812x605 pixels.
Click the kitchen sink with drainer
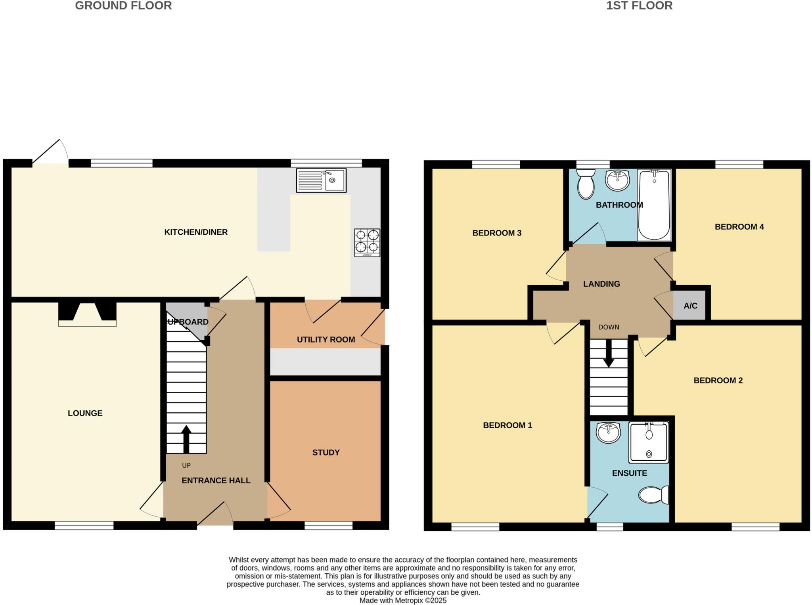click(x=321, y=180)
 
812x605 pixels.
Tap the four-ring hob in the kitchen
click(x=367, y=242)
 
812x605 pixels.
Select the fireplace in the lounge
click(x=87, y=314)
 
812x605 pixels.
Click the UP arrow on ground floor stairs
click(x=186, y=438)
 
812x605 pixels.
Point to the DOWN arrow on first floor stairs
click(x=609, y=353)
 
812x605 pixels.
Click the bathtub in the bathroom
click(x=654, y=205)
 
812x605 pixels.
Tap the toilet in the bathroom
click(x=586, y=184)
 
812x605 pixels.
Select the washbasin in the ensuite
click(x=608, y=433)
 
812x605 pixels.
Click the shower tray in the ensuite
click(x=649, y=442)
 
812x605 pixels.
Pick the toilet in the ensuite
click(x=653, y=495)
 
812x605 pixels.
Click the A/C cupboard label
click(x=690, y=306)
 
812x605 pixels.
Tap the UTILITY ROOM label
click(x=326, y=339)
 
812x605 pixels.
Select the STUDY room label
click(x=326, y=452)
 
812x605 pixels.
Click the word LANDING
click(x=601, y=284)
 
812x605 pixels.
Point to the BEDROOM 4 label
click(x=739, y=227)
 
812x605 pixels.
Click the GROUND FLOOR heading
click(x=123, y=6)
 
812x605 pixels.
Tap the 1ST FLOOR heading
click(x=639, y=6)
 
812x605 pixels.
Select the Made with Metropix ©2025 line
click(x=403, y=600)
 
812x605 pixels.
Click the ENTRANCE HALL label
click(x=216, y=481)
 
